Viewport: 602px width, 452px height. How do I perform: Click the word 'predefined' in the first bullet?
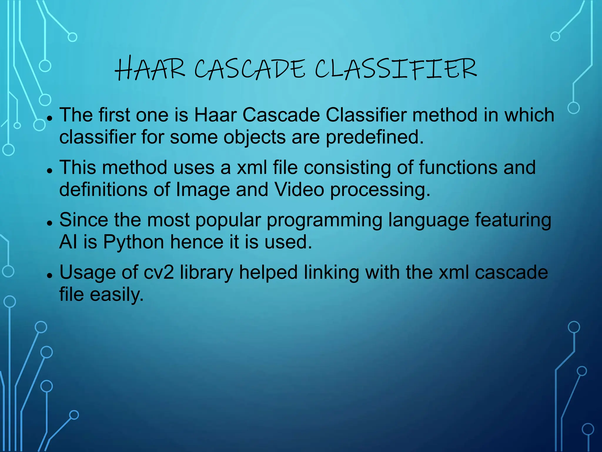(374, 137)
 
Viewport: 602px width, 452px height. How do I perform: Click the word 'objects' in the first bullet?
(254, 137)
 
